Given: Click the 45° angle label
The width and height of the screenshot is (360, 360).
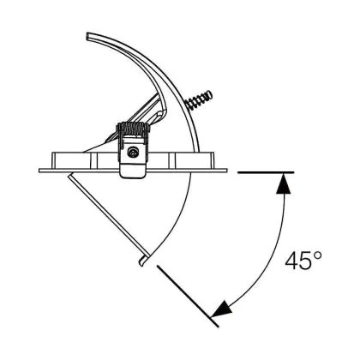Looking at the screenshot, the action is click(x=303, y=261).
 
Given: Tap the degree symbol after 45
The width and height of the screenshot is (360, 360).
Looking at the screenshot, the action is click(x=317, y=255).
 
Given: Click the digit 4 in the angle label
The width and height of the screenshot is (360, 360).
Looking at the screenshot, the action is click(x=291, y=261).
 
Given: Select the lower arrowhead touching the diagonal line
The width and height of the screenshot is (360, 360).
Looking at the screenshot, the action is click(x=221, y=309).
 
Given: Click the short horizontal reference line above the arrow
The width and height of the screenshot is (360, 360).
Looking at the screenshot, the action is click(x=266, y=172).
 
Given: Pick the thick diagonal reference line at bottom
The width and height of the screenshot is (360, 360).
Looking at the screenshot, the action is click(x=188, y=296).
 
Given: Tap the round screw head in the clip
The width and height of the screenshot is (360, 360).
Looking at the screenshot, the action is click(x=132, y=153).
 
